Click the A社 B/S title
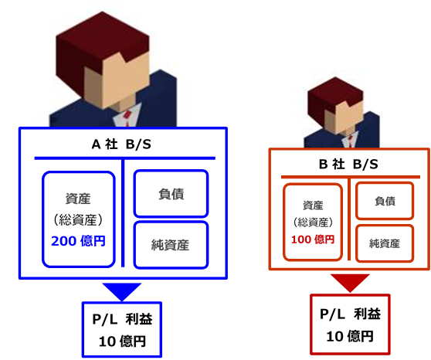121,144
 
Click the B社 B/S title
348,165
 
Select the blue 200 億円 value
78,241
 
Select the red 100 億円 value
313,239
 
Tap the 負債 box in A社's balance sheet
171,194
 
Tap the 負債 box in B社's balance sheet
385,201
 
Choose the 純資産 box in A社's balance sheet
171,244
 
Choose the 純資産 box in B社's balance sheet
385,243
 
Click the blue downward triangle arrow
122,290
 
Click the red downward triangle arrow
350,282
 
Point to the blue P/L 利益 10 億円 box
122,329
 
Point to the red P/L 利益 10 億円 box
350,324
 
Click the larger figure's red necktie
127,117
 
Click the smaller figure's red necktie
351,141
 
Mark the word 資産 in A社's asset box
78,199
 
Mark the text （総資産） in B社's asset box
313,222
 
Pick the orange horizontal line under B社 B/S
351,177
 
